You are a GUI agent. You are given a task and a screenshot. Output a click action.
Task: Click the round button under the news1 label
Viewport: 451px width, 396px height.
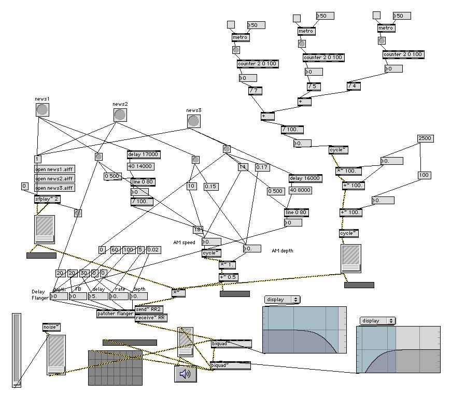(43, 109)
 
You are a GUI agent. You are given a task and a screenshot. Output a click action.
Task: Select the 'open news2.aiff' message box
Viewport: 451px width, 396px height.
(53, 178)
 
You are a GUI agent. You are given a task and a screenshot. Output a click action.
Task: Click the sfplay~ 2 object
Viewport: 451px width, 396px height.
(47, 199)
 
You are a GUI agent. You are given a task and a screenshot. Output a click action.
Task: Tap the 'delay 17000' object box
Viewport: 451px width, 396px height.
(144, 154)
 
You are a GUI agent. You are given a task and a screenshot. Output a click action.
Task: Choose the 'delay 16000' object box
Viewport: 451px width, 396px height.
(305, 178)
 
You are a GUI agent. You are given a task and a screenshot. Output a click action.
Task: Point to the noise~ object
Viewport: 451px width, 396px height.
(51, 327)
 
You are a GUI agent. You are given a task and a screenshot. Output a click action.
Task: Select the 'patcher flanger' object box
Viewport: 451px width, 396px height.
(115, 314)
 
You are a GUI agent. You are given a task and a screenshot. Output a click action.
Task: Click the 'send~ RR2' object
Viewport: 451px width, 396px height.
(149, 309)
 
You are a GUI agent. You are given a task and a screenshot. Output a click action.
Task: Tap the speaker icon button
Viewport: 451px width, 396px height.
(186, 374)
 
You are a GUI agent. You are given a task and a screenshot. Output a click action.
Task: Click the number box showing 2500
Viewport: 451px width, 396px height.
(425, 138)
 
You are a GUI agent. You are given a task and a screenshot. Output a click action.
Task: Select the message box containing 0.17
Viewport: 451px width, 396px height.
(262, 167)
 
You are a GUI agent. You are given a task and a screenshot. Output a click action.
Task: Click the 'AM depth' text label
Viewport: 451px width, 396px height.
(282, 251)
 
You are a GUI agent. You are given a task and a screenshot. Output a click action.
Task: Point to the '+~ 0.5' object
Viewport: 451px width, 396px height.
(227, 277)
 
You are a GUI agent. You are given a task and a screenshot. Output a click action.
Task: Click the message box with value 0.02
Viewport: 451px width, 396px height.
(153, 250)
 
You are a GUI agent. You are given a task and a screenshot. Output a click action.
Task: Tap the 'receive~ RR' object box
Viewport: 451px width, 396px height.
(150, 318)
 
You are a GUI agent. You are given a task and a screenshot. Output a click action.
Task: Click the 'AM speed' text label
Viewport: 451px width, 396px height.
(185, 242)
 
